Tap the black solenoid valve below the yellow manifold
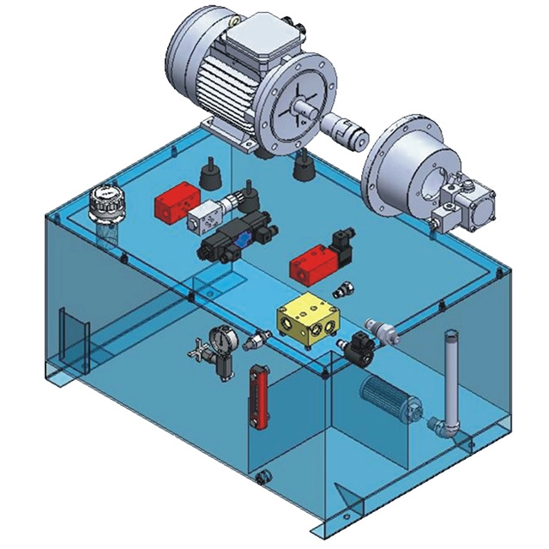357,348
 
